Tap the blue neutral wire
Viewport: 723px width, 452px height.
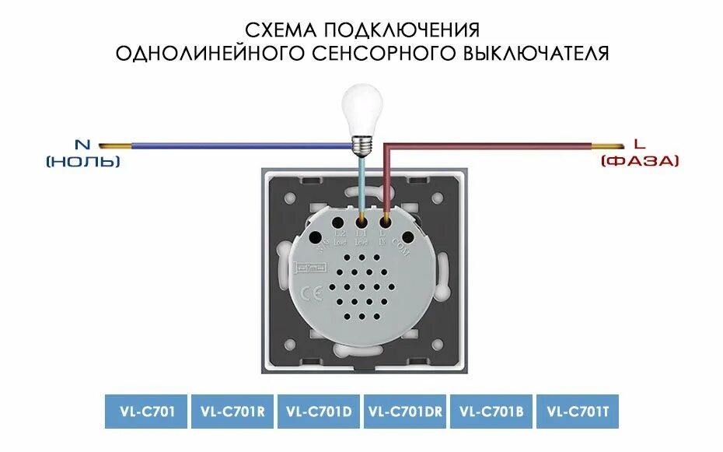233,145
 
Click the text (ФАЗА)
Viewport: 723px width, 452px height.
640,161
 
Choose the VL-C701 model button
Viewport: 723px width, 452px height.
146,411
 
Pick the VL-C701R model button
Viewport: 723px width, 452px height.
232,411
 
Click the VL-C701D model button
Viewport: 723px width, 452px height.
319,411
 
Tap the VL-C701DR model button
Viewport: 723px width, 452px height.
405,411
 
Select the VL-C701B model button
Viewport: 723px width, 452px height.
491,411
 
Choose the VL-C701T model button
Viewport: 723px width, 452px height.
577,411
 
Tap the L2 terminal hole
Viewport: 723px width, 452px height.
340,219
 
